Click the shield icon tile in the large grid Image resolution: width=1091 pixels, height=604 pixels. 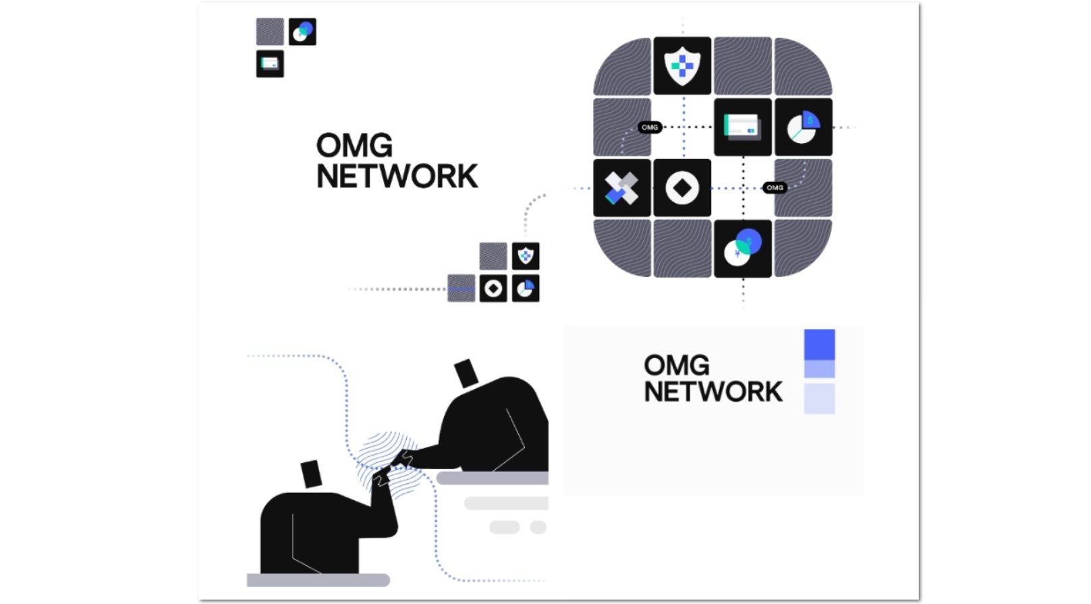click(682, 66)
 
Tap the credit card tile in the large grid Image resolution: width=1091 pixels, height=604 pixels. click(742, 127)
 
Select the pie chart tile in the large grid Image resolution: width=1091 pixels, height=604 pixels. click(803, 127)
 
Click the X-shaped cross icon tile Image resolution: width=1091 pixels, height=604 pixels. click(621, 188)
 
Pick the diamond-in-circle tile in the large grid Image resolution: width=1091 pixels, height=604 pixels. click(682, 188)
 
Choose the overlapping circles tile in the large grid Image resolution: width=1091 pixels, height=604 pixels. click(742, 248)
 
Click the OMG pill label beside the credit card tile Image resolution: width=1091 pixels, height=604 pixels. click(650, 127)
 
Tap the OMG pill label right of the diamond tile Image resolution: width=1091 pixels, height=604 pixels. click(775, 187)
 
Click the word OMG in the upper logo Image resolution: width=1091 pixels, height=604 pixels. click(354, 146)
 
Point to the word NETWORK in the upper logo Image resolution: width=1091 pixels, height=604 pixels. click(397, 177)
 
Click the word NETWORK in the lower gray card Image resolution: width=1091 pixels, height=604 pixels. click(712, 392)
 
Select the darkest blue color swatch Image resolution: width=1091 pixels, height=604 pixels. click(819, 344)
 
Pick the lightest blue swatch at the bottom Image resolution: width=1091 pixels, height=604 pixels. click(819, 398)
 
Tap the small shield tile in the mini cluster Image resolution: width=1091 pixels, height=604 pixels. click(526, 256)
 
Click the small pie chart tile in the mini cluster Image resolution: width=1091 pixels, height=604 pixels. click(526, 289)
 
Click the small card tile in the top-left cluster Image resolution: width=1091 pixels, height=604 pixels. click(270, 64)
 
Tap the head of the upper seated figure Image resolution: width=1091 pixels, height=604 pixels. click(466, 373)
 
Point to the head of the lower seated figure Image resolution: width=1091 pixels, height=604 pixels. click(310, 473)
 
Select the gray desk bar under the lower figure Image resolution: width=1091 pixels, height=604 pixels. click(318, 580)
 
